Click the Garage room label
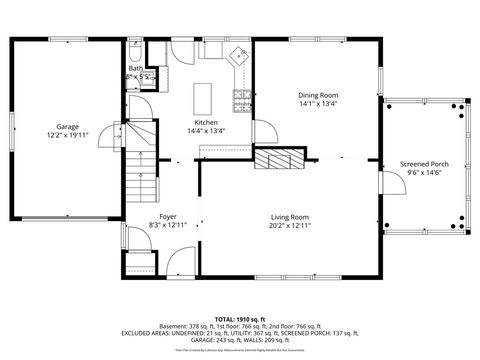point(68,126)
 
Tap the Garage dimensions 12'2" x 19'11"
point(68,135)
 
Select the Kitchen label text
point(181,121)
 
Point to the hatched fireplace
point(275,159)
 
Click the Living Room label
point(290,216)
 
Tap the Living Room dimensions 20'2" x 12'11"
point(290,225)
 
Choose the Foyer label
point(168,216)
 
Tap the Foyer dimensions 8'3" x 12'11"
point(168,225)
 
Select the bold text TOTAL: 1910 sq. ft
point(240,317)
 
